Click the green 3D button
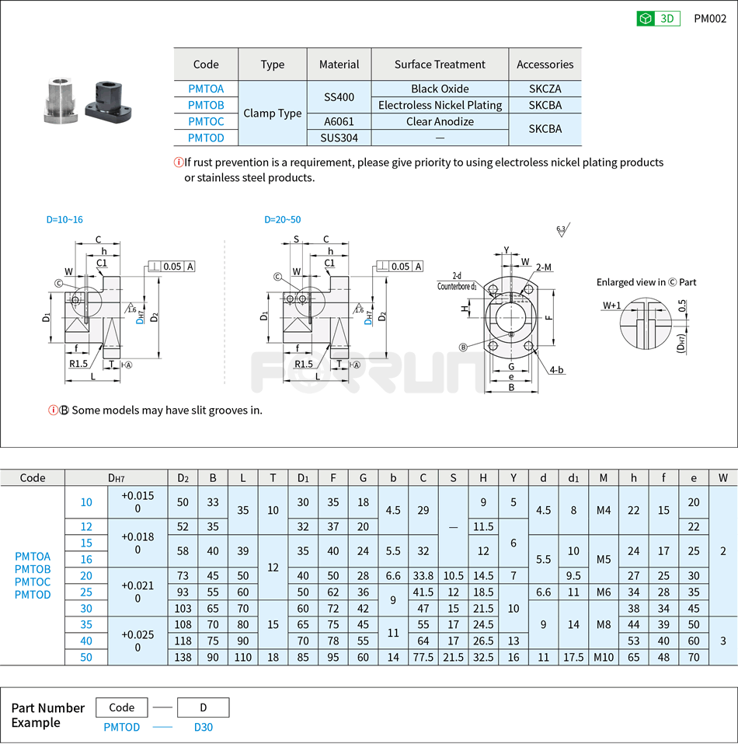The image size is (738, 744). [x=658, y=19]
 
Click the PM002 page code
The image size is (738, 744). [x=710, y=19]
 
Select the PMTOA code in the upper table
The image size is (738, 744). [x=206, y=89]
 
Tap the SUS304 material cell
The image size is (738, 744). [x=339, y=138]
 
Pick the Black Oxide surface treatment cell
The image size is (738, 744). [x=440, y=89]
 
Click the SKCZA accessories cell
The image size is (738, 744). [x=545, y=89]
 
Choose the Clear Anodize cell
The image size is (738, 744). [x=440, y=121]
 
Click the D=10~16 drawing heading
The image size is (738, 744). [x=64, y=220]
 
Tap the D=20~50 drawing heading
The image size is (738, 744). [x=283, y=220]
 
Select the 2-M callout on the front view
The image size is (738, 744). [x=544, y=267]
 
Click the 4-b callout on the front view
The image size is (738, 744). [x=555, y=371]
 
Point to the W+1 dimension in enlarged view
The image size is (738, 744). [x=611, y=306]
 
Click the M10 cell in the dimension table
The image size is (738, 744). [x=604, y=657]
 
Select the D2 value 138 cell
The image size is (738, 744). [x=183, y=657]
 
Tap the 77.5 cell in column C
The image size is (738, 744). [x=423, y=657]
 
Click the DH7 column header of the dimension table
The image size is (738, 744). [x=117, y=478]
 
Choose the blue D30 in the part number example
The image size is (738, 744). [x=203, y=727]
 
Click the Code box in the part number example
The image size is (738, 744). [x=122, y=707]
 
